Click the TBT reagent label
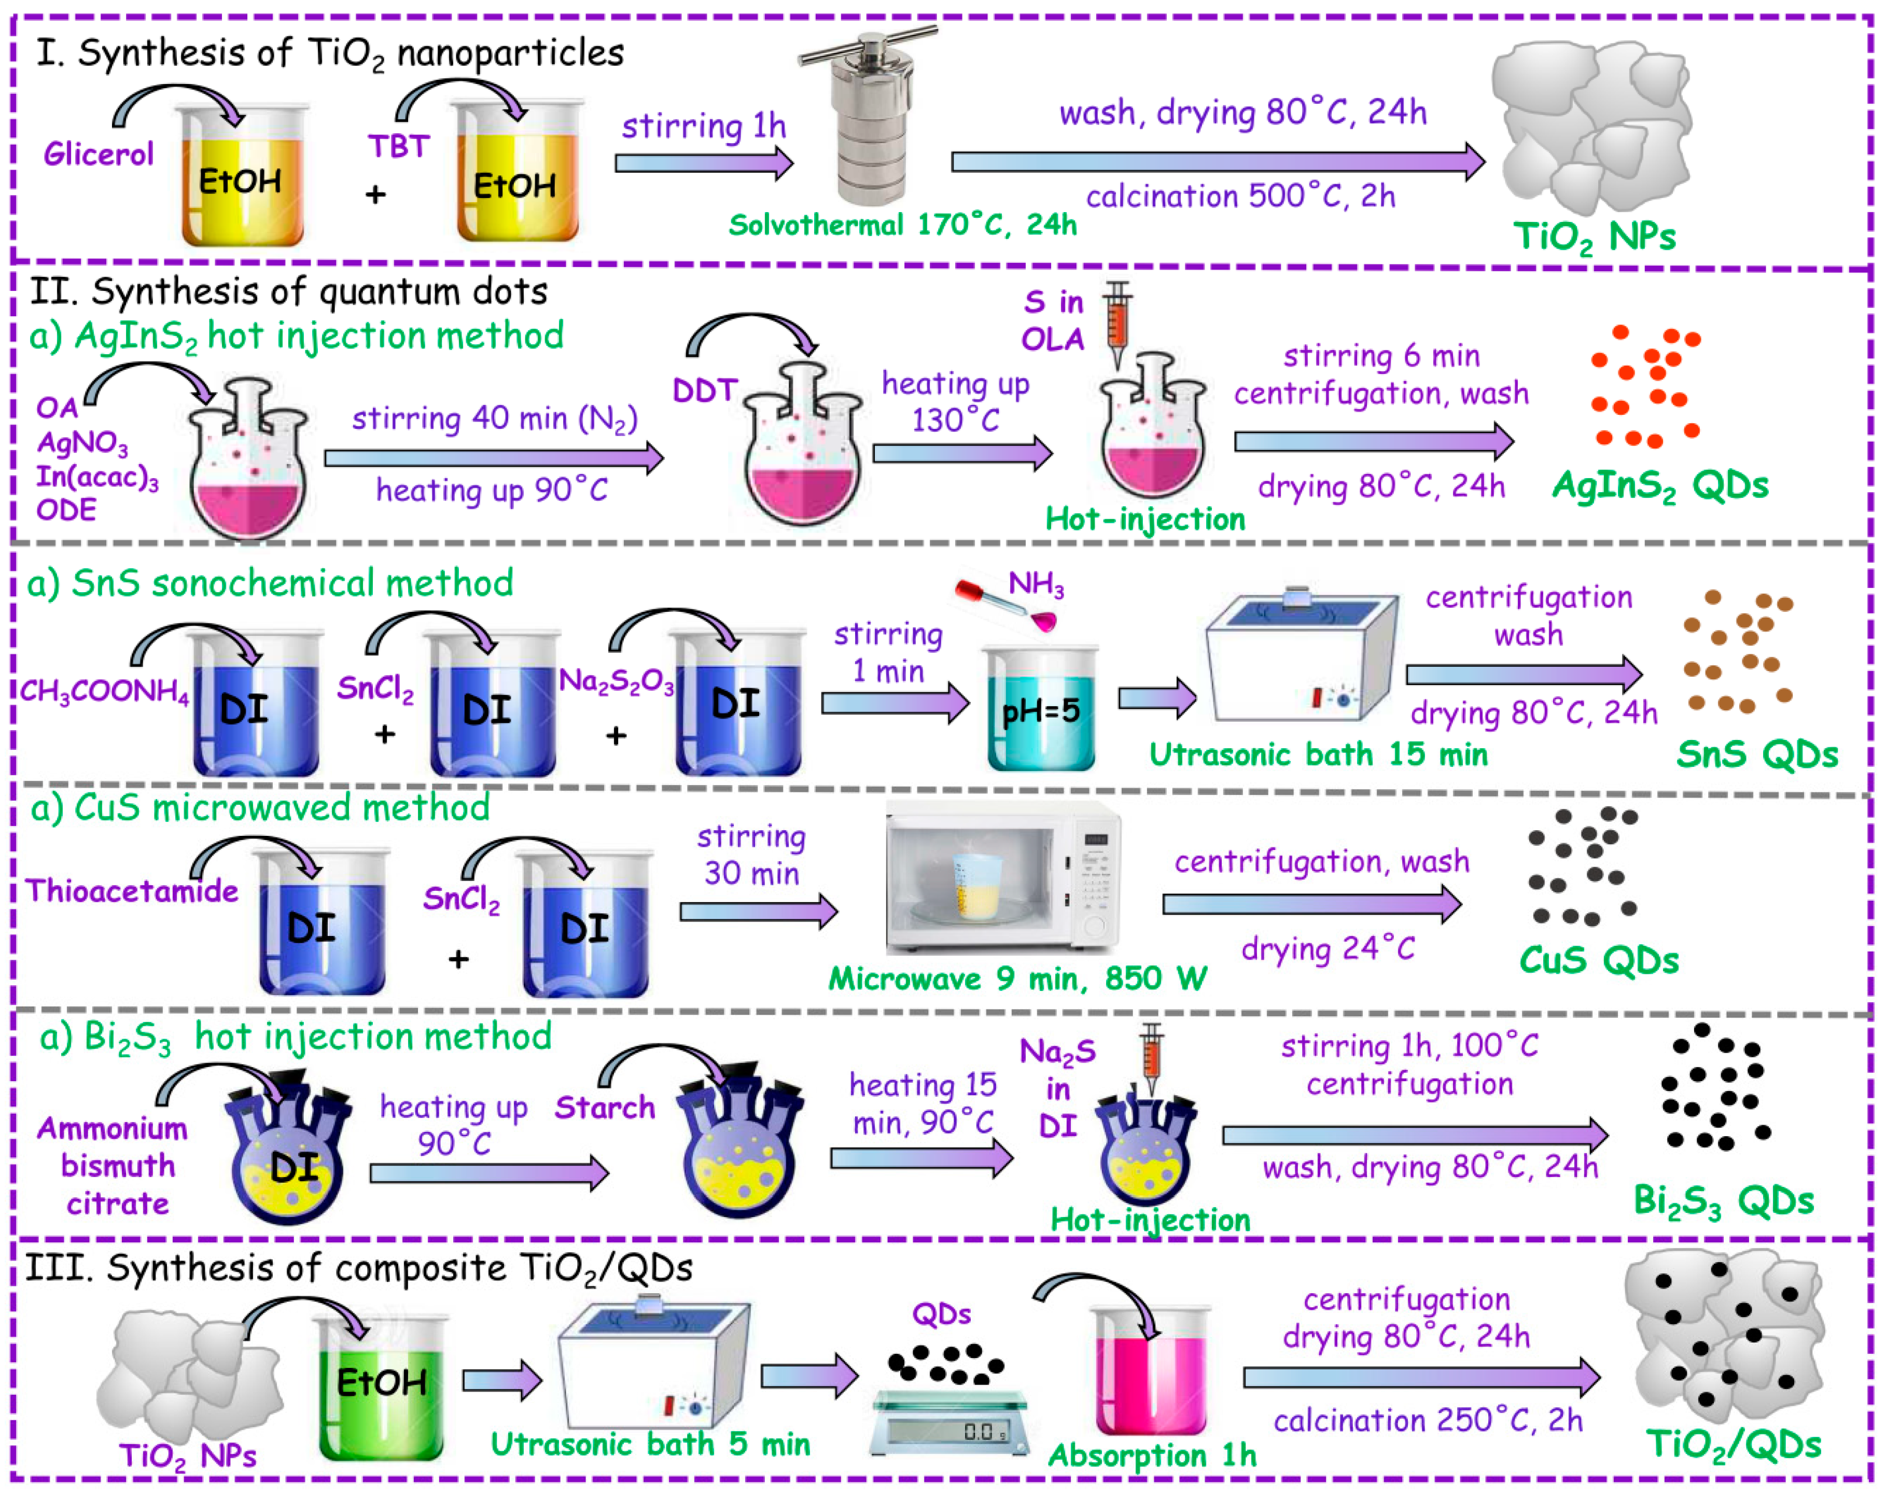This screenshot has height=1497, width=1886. pos(398,146)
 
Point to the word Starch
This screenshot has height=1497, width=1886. pos(605,1108)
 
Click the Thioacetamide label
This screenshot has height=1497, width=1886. pos(131,891)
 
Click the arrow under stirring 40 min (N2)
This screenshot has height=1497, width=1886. pos(493,457)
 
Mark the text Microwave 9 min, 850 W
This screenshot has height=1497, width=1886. pos(1017,978)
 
